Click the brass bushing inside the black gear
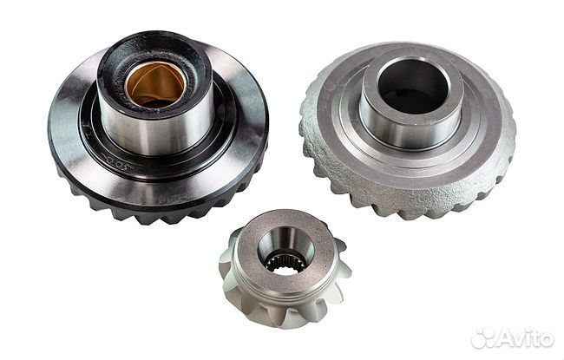pyautogui.click(x=155, y=84)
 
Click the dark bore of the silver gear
pyautogui.click(x=412, y=87)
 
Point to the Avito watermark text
pyautogui.click(x=526, y=338)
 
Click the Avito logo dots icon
pyautogui.click(x=484, y=337)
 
